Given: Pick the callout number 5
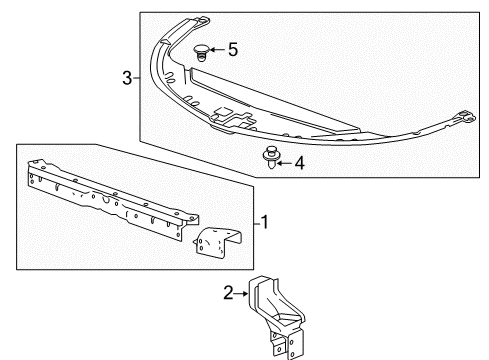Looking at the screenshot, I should [x=232, y=47].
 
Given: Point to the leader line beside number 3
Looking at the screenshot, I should [x=137, y=78].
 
